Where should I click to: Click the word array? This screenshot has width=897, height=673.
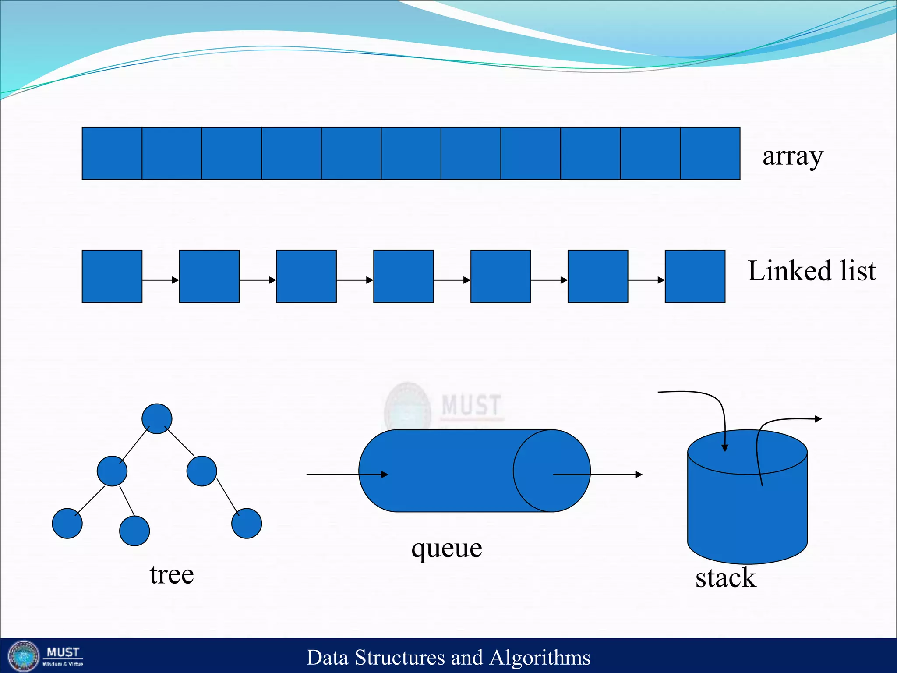792,156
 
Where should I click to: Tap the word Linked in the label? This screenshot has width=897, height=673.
784,271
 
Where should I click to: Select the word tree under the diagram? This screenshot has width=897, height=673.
171,574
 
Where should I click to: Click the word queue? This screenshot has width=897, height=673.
446,548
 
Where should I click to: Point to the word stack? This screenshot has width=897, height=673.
725,577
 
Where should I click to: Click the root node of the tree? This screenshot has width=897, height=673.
157,419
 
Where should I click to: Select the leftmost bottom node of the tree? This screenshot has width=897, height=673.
67,523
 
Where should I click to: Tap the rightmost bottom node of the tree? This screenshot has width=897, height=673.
247,523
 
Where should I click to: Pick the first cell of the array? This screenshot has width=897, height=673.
112,153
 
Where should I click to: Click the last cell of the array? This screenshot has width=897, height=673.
710,153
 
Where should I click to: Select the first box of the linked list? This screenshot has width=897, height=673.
112,276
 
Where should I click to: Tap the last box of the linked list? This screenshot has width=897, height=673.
695,276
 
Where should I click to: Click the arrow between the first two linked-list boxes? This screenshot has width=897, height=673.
161,280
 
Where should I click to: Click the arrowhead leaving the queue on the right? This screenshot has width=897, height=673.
639,475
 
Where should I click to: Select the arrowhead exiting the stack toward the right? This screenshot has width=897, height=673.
818,419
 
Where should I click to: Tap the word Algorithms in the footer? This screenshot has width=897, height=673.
540,658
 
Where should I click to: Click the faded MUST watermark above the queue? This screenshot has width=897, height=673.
471,405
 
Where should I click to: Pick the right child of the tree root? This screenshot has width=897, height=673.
201,471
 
